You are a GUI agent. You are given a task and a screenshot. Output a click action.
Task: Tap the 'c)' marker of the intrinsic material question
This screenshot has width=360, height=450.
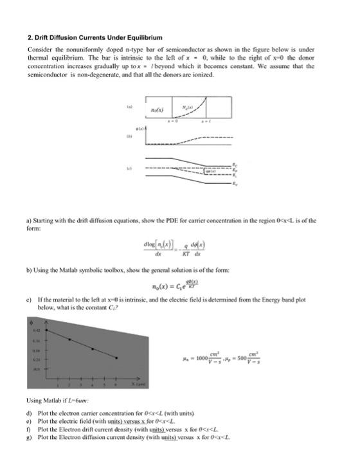[30, 301]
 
